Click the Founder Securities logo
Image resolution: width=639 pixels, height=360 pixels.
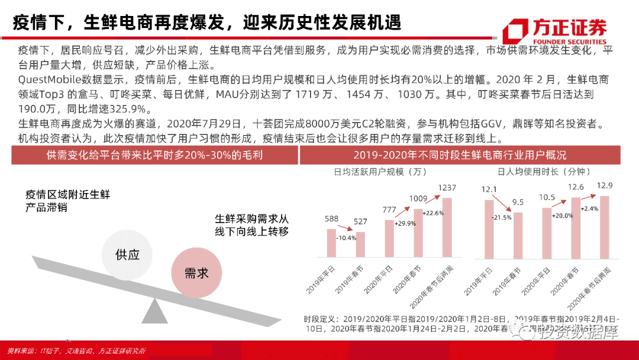tap(553, 31)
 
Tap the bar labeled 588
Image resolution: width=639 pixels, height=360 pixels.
tap(331, 243)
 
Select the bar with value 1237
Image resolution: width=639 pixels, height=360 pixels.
tap(447, 227)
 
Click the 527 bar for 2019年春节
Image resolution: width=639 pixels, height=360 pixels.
tap(360, 245)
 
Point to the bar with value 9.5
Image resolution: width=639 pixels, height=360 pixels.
tap(518, 234)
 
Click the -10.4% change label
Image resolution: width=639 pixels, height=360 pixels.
tap(346, 238)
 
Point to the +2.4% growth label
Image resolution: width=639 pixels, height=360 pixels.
tap(590, 208)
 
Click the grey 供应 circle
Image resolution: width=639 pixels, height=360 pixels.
tap(127, 255)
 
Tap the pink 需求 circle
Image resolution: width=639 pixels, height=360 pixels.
tap(196, 273)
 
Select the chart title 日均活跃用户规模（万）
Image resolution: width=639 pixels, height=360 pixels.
tap(380, 172)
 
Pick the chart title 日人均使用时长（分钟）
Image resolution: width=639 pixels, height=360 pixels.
tap(545, 172)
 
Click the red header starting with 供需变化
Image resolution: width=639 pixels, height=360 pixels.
tap(154, 155)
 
